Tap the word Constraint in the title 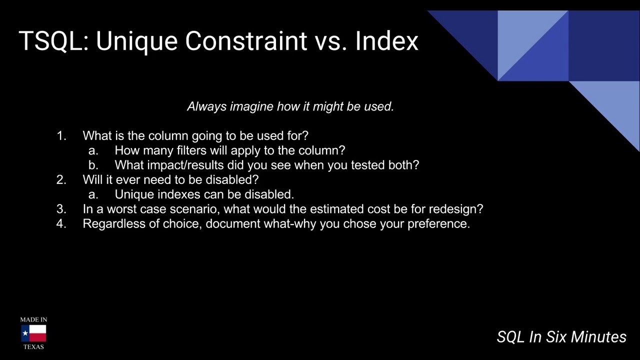click(x=246, y=41)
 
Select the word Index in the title click(x=387, y=41)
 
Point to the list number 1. click(x=61, y=135)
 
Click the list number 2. click(x=61, y=179)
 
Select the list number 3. click(x=61, y=209)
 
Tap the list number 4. click(x=61, y=223)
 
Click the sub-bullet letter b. click(x=93, y=165)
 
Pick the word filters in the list click(x=191, y=150)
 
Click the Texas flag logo click(x=33, y=333)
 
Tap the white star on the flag click(x=25, y=333)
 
